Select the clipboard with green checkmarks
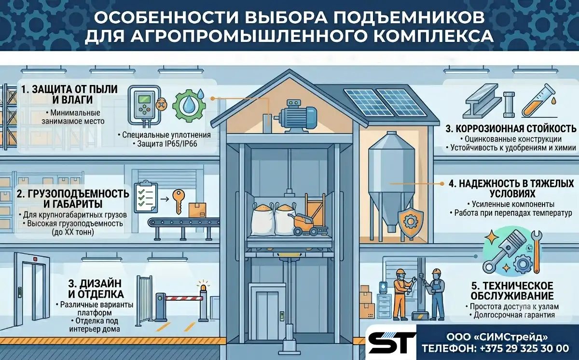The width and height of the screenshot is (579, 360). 146,196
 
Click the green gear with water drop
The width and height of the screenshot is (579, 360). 189,106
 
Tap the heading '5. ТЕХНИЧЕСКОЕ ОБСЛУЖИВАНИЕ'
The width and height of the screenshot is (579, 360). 512,291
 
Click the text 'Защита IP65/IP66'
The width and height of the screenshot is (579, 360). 167,144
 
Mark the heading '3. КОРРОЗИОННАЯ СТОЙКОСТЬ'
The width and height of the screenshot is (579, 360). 511,129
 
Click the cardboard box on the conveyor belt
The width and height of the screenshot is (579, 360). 197,210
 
